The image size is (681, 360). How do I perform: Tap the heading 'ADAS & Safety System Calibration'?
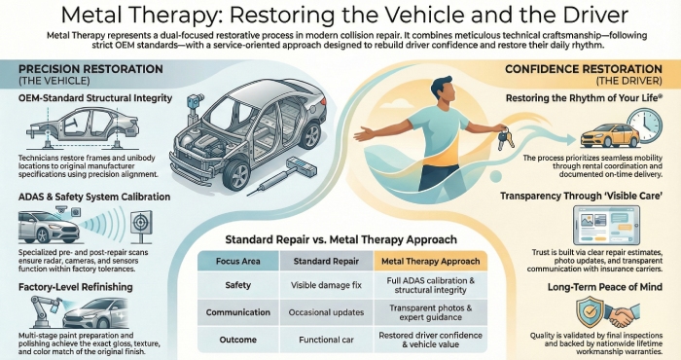pos(87,198)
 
